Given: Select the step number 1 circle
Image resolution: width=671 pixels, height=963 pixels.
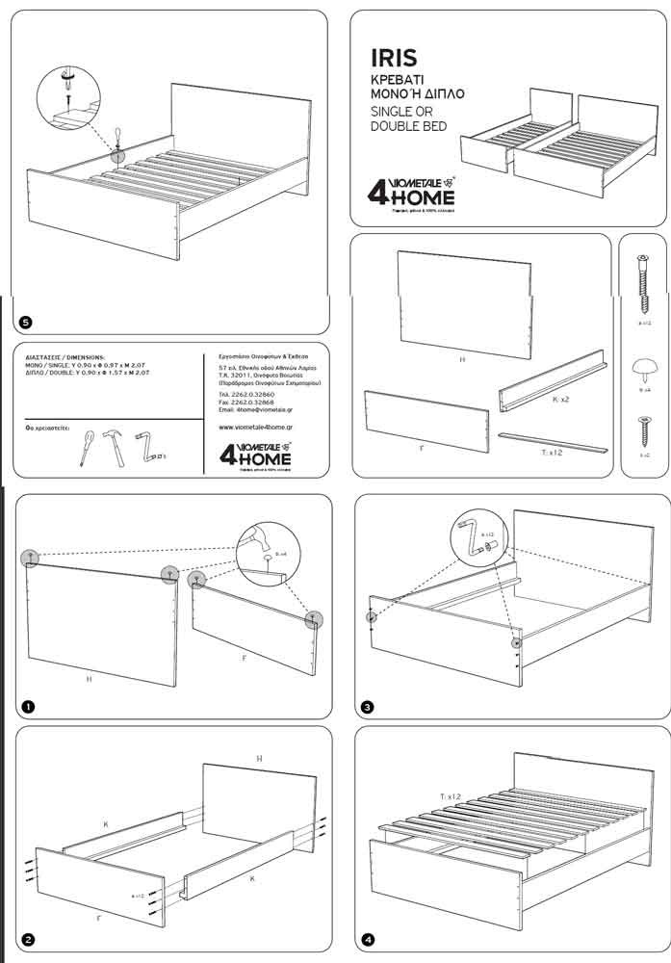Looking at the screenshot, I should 26,707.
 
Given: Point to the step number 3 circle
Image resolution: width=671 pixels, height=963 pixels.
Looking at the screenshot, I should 368,708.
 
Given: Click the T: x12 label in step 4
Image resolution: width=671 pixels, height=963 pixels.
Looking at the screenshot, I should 451,795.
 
